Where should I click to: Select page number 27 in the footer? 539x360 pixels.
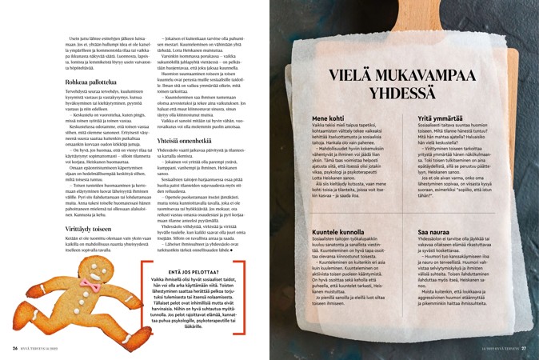(524, 349)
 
